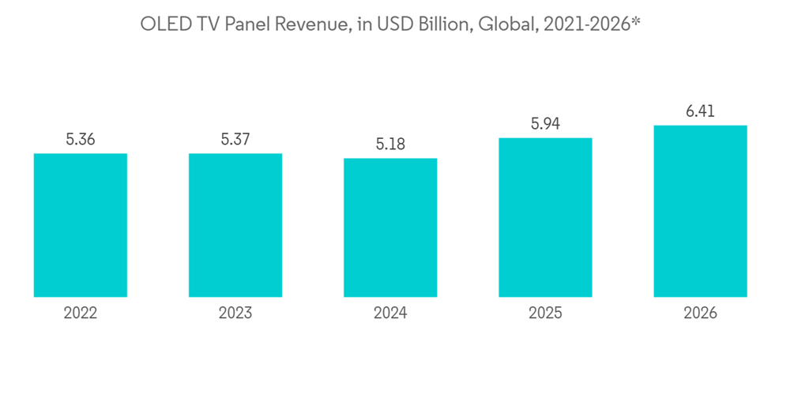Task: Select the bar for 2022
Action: click(x=81, y=225)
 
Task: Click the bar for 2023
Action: click(x=235, y=225)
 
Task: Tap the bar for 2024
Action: click(x=390, y=227)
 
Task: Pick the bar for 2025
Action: click(x=545, y=217)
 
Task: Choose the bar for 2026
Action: click(x=700, y=211)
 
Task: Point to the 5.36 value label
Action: click(x=81, y=140)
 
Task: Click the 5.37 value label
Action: click(x=235, y=140)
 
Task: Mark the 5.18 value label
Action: click(x=390, y=145)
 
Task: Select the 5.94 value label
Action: click(x=545, y=125)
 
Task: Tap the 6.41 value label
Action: click(x=700, y=112)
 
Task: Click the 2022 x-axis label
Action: click(x=81, y=314)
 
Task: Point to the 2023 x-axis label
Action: click(x=235, y=314)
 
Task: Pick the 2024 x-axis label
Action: click(x=390, y=314)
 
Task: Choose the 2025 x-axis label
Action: click(x=545, y=314)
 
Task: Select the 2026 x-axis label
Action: click(x=700, y=314)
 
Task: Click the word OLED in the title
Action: click(x=161, y=25)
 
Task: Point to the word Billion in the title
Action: click(x=440, y=25)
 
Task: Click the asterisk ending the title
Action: click(x=636, y=22)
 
